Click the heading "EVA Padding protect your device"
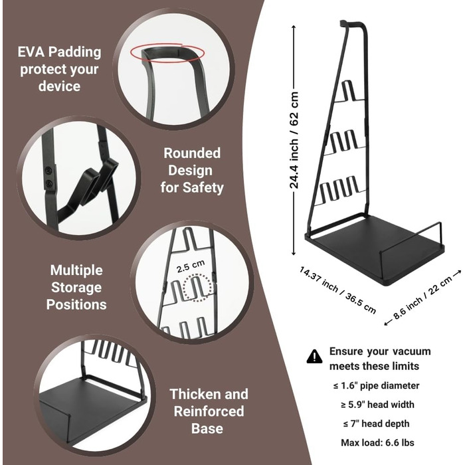pos(60,68)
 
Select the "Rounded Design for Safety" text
pos(192,170)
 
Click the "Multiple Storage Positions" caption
pos(76,287)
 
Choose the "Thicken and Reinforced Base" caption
pos(209,411)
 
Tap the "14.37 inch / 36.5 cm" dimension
pos(337,289)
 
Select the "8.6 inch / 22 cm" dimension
pos(422,297)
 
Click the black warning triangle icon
pos(314,357)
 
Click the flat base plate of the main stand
pos(372,252)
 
